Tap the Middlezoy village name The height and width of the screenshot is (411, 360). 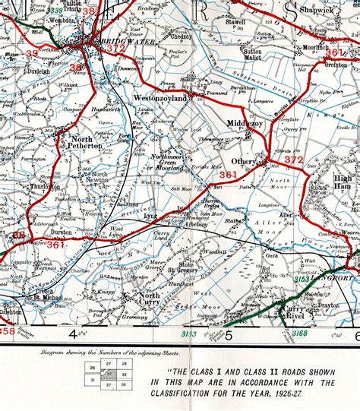tap(245, 124)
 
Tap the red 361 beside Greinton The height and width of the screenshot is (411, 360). tap(335, 52)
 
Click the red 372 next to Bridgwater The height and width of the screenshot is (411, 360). tap(115, 49)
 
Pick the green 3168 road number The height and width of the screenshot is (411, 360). tap(301, 332)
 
